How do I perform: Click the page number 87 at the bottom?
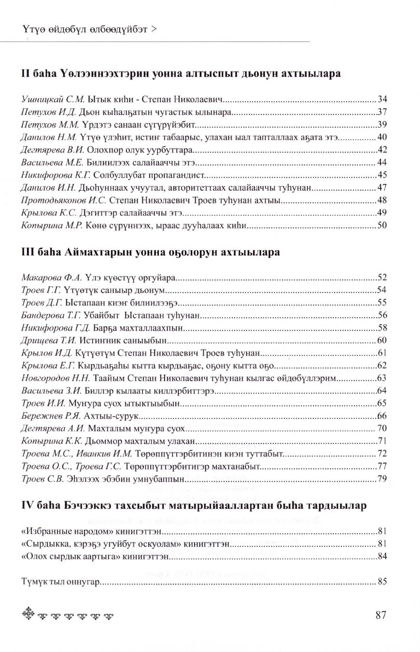pos(380,615)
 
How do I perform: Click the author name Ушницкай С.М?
pos(53,100)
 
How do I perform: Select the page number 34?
pos(382,100)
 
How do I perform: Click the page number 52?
pos(382,277)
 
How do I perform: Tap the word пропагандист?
pos(180,175)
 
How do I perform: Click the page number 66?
pos(382,416)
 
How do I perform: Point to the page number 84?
pos(382,556)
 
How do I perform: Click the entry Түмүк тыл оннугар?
pos(60,582)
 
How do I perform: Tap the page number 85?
pos(382,582)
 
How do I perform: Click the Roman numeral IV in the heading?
pos(27,506)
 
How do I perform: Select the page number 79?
pos(382,478)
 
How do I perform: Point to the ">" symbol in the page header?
pos(154,29)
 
